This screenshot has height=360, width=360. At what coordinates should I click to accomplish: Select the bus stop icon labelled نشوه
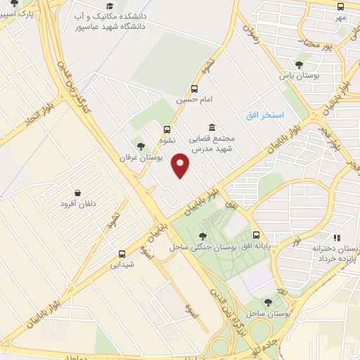tap(166, 129)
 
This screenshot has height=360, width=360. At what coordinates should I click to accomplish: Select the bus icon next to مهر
tap(341, 5)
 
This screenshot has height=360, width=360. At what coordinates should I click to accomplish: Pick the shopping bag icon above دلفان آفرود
tap(77, 193)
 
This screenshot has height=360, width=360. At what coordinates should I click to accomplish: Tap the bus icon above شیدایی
tap(122, 254)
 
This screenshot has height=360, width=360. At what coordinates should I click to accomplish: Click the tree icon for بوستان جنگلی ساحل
tap(202, 236)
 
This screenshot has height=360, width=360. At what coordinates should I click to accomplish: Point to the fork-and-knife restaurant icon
tap(337, 238)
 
